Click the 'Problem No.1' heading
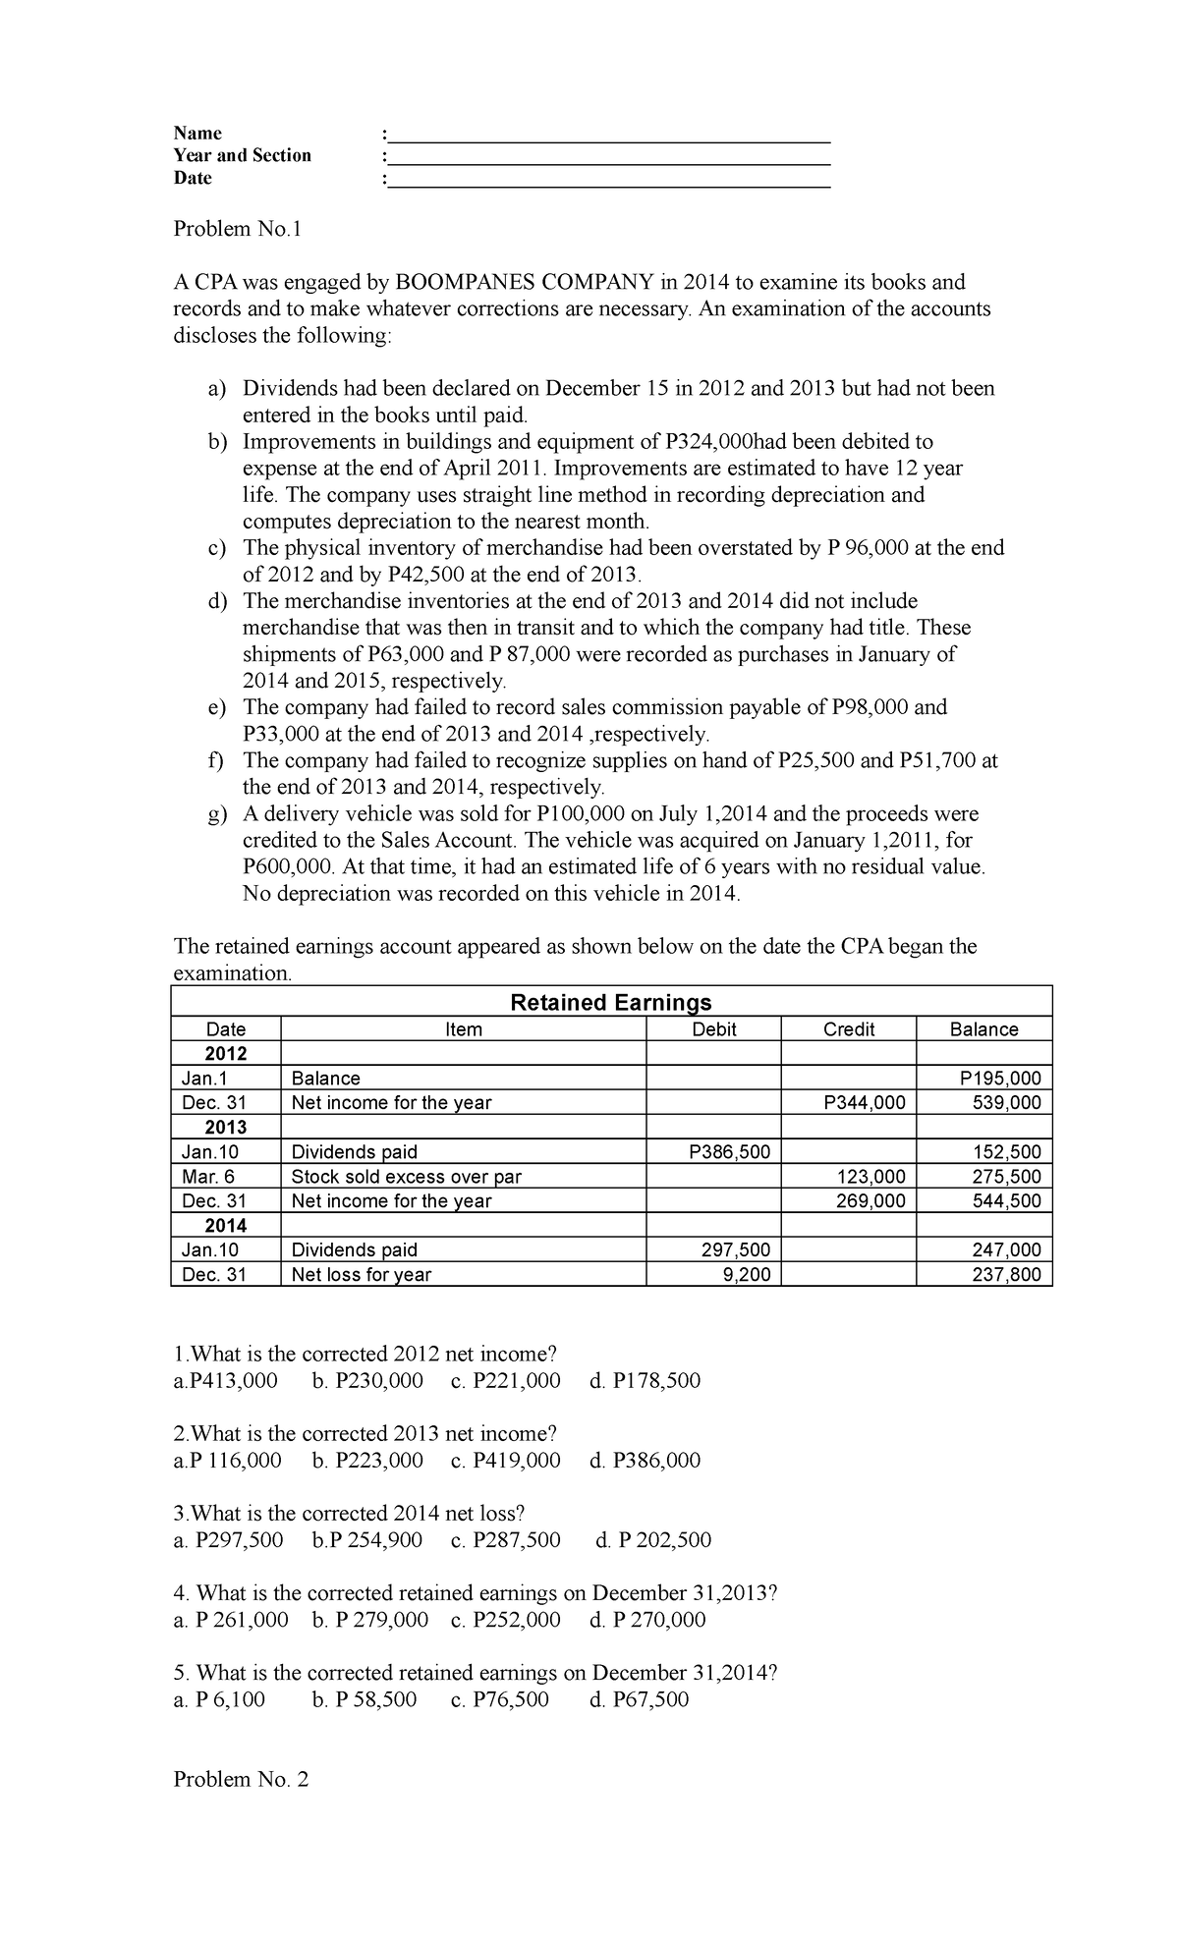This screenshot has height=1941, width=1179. pos(237,229)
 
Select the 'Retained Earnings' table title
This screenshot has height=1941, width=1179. pos(611,1002)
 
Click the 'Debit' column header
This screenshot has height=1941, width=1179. pos(713,1028)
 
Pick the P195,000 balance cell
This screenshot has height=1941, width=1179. pos(1000,1078)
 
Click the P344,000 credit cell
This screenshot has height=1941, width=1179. pos(865,1102)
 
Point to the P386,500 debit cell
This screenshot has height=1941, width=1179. pos(730,1151)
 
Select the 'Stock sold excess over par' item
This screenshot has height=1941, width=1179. pos(406,1176)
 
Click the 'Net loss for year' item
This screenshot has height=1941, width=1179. pos(361,1274)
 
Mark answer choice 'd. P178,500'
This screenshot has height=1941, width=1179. pos(645,1380)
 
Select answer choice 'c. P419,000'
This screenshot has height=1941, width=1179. pos(505,1460)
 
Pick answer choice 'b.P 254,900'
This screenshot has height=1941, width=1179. pos(366,1539)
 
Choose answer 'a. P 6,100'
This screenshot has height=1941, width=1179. pos(219,1699)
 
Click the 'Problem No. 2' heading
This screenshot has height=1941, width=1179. pos(241,1779)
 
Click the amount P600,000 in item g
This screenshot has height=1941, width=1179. pos(289,866)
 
